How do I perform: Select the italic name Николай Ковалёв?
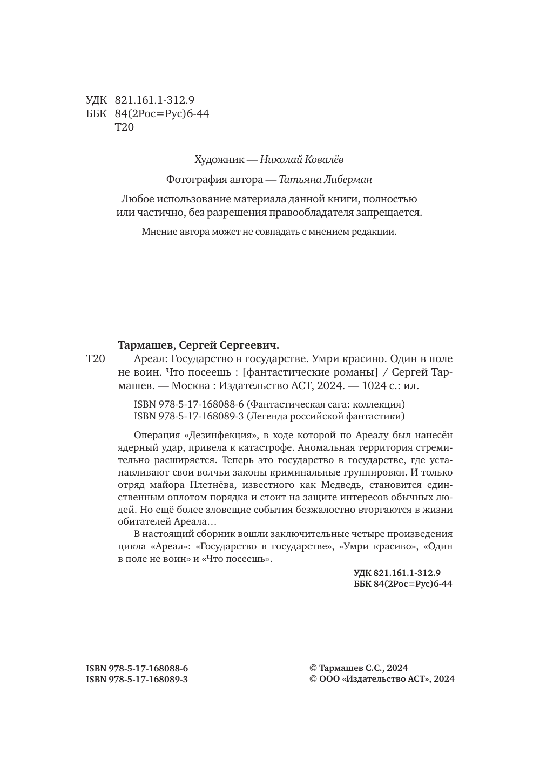301,160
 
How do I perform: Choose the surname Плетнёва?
212,485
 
